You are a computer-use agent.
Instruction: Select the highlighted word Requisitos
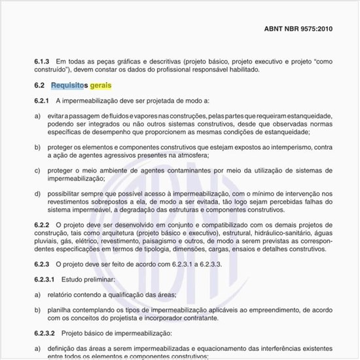point(69,86)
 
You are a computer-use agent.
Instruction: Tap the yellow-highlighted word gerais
point(101,86)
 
